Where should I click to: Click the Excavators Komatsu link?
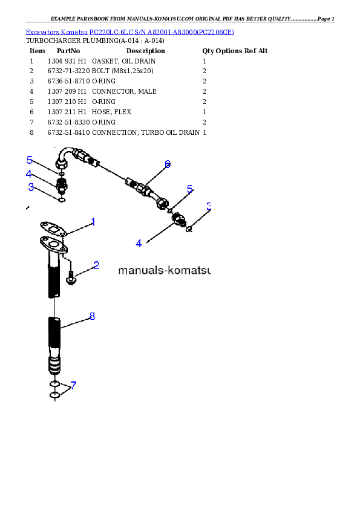point(56,32)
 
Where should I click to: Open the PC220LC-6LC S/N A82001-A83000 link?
point(162,32)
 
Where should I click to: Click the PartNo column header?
point(68,51)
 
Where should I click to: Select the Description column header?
point(146,51)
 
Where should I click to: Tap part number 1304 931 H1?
point(67,61)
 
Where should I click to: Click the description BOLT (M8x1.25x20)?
point(122,71)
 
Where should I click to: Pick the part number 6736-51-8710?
point(68,81)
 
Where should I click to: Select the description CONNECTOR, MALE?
point(124,91)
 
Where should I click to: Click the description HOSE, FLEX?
point(111,112)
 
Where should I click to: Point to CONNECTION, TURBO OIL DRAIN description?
point(146,132)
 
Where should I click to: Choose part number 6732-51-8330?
point(68,122)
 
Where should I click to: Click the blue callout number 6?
point(168,164)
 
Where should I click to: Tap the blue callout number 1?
point(93,222)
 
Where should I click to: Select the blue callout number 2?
point(96,265)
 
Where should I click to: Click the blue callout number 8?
point(93,316)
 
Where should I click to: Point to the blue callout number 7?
point(73,385)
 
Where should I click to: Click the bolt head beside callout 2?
point(71,279)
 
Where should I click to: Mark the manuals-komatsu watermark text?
point(165,270)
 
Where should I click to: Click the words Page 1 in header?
point(326,19)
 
